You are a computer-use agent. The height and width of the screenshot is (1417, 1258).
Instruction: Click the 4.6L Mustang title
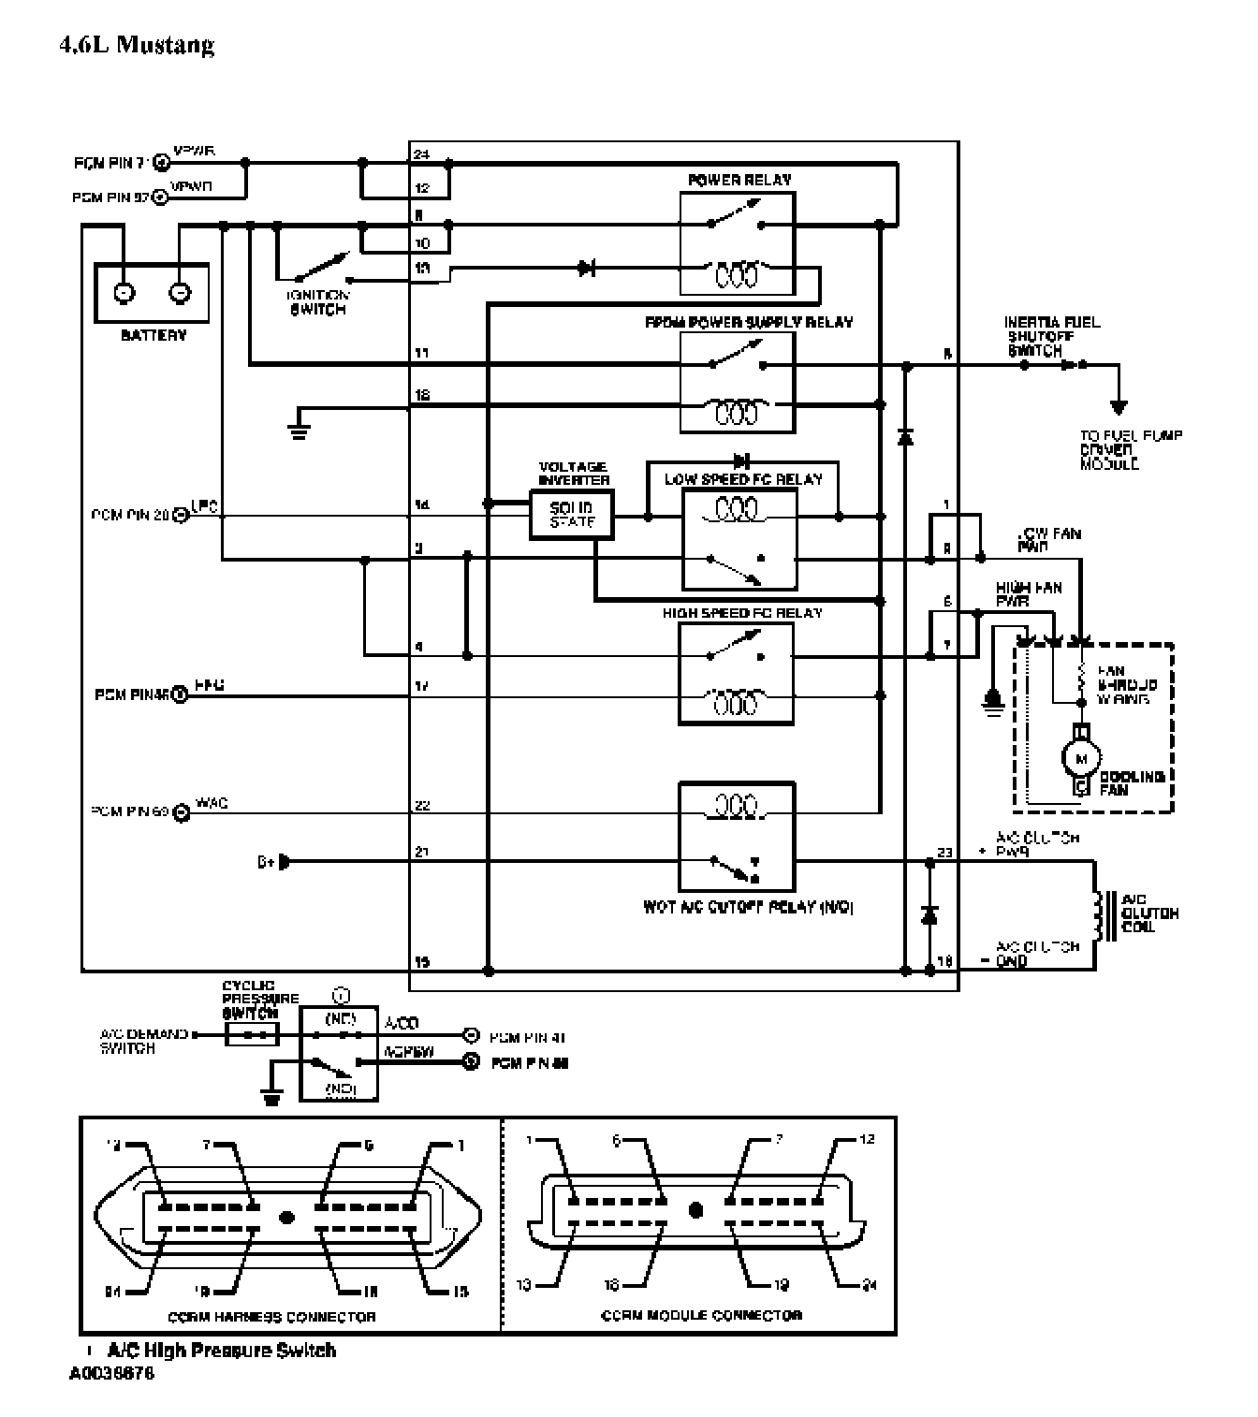[x=137, y=45]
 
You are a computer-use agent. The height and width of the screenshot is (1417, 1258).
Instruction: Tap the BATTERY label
[x=154, y=335]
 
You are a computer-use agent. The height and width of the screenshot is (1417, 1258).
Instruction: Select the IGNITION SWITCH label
[x=318, y=302]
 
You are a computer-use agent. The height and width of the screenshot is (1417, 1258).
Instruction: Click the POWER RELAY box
[x=738, y=243]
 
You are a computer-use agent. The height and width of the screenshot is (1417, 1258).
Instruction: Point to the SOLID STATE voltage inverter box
[x=571, y=516]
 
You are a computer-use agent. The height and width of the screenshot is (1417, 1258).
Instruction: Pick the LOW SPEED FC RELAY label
[x=743, y=479]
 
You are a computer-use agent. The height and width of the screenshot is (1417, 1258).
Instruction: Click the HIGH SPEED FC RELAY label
[x=742, y=613]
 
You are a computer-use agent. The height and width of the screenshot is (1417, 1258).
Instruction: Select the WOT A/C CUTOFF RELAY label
[x=748, y=907]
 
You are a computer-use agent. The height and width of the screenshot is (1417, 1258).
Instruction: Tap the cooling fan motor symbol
[x=1082, y=756]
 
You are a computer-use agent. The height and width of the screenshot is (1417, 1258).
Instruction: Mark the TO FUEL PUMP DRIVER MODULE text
[x=1131, y=449]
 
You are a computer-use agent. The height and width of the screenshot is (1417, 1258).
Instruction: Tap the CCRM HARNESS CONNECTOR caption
[x=271, y=1317]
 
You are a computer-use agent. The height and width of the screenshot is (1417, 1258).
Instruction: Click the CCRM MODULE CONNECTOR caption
[x=701, y=1315]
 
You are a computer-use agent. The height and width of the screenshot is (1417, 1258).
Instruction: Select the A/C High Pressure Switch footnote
[x=221, y=1350]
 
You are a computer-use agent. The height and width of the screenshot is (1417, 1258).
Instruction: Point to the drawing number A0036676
[x=111, y=1375]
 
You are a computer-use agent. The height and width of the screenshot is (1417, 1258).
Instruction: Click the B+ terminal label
[x=265, y=861]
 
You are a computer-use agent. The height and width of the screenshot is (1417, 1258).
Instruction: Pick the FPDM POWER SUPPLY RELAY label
[x=749, y=322]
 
